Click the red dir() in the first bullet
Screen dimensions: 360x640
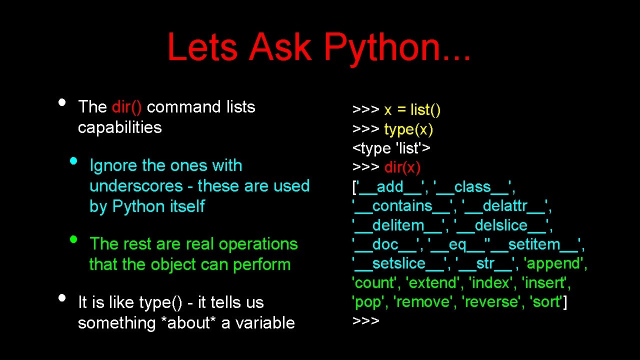(x=127, y=107)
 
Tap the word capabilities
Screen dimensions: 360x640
(x=120, y=127)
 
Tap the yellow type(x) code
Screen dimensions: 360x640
(x=408, y=129)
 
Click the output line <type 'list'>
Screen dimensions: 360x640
(x=392, y=148)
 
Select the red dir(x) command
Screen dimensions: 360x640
(x=402, y=167)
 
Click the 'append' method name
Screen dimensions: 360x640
(x=553, y=263)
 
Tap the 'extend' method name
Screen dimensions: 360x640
(x=433, y=283)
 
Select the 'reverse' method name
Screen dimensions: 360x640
(x=492, y=302)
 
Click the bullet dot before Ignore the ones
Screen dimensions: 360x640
(x=74, y=161)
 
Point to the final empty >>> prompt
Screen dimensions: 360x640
(x=366, y=320)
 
